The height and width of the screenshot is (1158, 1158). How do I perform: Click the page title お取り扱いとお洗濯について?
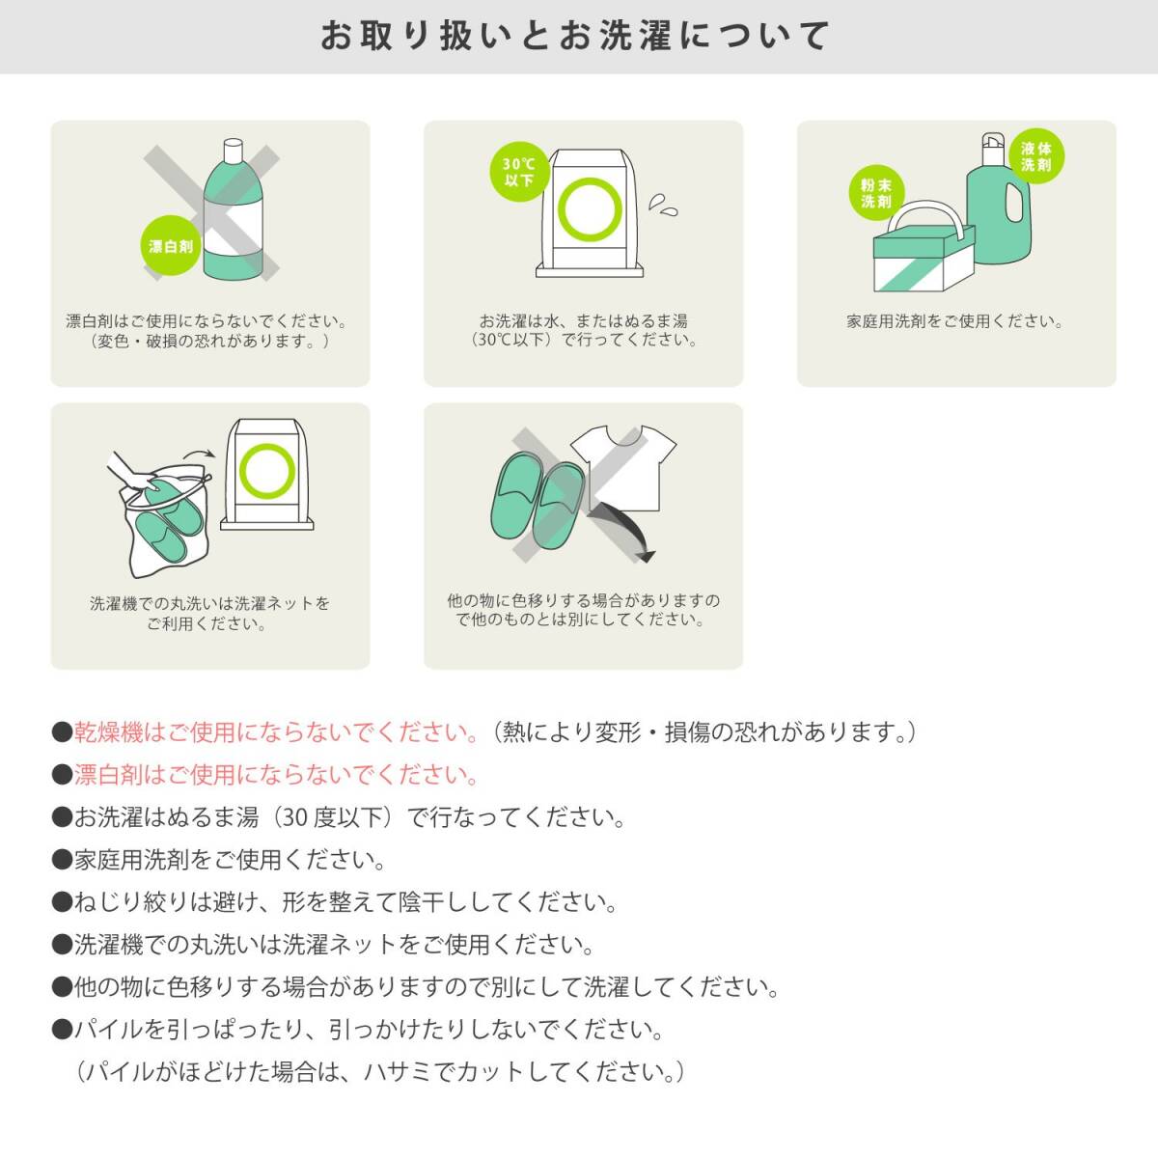[576, 37]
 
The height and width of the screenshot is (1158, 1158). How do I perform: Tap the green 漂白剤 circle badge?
[171, 246]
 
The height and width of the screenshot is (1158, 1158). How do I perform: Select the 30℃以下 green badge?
[519, 173]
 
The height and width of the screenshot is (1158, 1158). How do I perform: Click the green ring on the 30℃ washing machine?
[586, 208]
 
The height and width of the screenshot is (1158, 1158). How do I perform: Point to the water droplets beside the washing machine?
[663, 204]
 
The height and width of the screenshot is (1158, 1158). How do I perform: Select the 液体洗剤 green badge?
[1035, 156]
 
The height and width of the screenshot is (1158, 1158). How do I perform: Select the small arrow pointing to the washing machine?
[199, 452]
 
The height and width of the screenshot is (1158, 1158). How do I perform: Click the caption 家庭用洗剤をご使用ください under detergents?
[955, 321]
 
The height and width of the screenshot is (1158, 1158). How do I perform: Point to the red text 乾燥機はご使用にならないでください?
[277, 732]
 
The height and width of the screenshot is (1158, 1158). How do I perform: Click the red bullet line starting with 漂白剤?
[277, 775]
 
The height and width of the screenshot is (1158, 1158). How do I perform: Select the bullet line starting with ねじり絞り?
[345, 902]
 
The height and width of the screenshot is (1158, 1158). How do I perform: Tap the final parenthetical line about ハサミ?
[380, 1072]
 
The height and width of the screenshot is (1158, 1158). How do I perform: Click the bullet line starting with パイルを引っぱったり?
[369, 1030]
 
